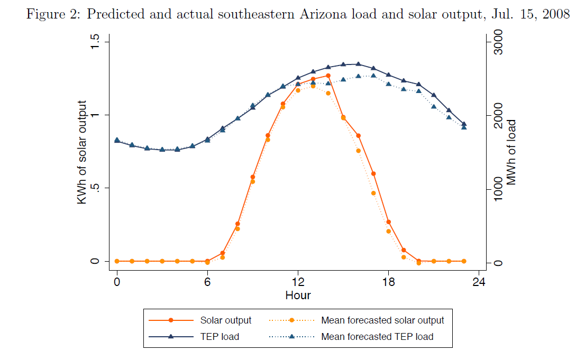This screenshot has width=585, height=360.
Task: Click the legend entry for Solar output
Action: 225,320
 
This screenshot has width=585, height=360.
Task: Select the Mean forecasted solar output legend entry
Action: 382,320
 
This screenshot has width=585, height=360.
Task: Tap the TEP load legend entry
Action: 219,336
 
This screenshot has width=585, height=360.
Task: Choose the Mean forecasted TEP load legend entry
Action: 377,336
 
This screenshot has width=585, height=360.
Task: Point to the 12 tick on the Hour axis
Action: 298,281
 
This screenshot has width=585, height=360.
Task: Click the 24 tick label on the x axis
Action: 479,281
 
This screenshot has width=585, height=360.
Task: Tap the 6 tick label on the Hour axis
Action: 207,281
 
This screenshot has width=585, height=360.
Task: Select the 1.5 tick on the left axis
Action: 96,42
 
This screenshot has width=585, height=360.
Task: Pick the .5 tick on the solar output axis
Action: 96,188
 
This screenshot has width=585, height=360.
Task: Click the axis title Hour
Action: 298,295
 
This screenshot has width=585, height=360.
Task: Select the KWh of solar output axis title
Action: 83,152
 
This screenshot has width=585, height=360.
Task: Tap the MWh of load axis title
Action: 511,152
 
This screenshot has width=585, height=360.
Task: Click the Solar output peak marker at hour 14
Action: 328,76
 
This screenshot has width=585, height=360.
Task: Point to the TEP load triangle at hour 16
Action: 359,64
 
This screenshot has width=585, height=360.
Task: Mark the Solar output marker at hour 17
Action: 373,173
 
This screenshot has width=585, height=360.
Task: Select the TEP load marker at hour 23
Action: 464,124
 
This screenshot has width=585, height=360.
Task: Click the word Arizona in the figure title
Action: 321,14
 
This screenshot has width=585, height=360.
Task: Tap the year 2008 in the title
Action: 555,14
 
